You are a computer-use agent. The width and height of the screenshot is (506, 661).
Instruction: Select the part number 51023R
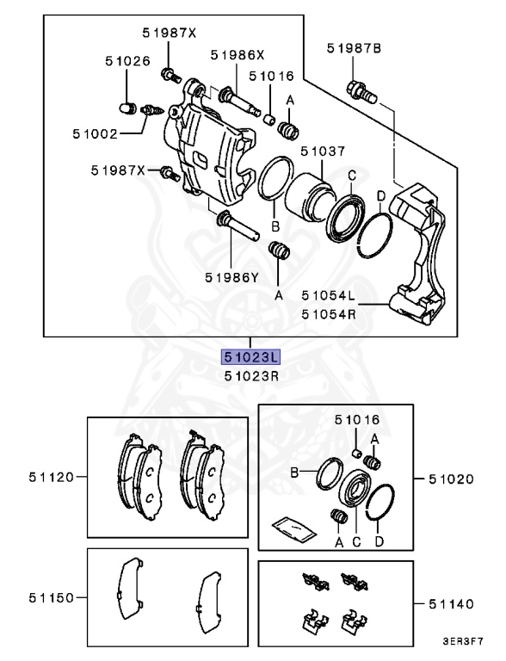tap(251, 375)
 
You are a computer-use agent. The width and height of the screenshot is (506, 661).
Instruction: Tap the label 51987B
tap(354, 49)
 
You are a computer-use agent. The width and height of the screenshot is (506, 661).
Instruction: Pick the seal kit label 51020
tap(452, 478)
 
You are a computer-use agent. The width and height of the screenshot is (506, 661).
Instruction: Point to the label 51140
tap(452, 605)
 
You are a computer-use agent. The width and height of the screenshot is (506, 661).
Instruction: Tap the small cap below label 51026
tap(127, 108)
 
